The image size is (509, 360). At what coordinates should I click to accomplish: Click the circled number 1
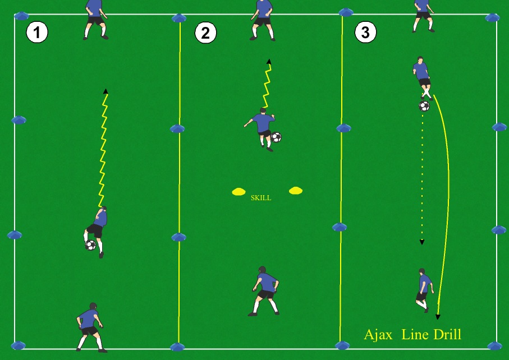37,33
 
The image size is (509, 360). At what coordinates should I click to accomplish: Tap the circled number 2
205,33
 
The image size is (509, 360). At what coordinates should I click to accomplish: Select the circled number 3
365,33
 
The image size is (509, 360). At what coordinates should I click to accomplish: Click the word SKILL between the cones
260,198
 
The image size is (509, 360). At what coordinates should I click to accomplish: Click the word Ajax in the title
378,335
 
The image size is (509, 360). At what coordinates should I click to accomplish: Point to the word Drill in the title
447,335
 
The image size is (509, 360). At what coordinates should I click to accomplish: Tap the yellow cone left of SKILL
239,192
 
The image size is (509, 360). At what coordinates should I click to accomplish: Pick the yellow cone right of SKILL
296,191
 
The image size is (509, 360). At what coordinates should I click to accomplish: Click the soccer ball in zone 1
90,245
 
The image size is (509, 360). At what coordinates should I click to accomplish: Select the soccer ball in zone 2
276,137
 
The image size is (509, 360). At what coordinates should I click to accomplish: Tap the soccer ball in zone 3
424,105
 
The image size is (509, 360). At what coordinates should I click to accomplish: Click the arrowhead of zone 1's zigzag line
106,90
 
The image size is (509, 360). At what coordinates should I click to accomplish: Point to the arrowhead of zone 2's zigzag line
269,61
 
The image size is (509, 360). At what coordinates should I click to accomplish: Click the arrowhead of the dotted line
422,242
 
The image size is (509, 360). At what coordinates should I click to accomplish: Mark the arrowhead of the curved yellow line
438,317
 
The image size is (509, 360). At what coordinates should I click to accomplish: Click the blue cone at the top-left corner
21,16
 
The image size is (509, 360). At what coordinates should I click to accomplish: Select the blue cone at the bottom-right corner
494,345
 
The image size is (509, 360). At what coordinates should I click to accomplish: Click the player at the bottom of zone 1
90,326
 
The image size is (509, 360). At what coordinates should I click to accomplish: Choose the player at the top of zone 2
263,19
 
